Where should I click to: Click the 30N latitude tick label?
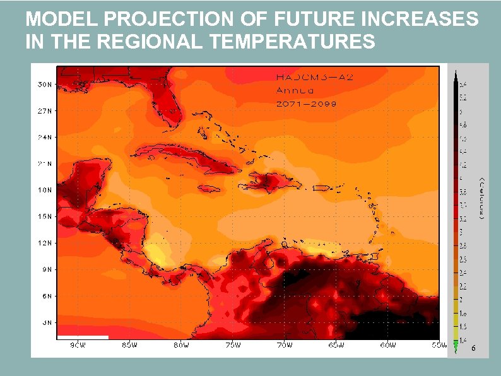pos(44,84)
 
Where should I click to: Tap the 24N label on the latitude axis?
pos(44,137)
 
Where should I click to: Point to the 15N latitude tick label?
pos(44,216)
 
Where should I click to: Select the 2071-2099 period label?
pos(306,103)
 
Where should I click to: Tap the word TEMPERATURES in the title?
pos(291,42)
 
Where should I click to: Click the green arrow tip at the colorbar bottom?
pos(455,347)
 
